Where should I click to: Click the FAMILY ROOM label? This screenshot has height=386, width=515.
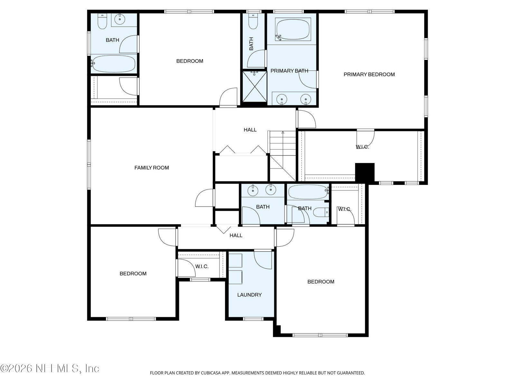coord(152,168)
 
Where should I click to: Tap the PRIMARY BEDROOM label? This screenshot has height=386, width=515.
coord(369,75)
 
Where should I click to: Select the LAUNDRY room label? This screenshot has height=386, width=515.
coord(249,295)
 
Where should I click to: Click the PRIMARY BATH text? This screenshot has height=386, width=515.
coord(289,71)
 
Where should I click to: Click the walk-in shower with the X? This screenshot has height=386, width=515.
coord(255,87)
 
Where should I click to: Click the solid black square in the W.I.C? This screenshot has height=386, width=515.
coord(365,173)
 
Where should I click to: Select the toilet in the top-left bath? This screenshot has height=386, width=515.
coord(102,21)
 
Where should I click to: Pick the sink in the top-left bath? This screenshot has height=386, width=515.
coord(120,19)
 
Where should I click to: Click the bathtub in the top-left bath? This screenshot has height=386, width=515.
coord(114,64)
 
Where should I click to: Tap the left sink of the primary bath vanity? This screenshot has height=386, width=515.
coord(282,99)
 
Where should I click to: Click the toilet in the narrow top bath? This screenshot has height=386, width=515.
coord(253,22)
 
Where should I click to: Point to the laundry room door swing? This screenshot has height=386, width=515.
coord(263,260)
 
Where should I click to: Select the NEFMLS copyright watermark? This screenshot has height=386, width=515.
coord(50,368)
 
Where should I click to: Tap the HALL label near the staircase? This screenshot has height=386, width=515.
coord(250,130)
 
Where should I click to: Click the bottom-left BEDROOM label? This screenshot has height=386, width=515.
coord(133,274)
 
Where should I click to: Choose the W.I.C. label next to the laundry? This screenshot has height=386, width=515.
coord(202,267)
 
